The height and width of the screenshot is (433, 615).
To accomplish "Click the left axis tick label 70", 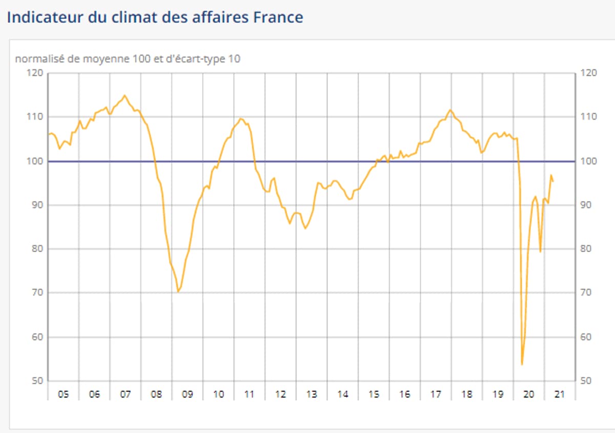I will pyautogui.click(x=37, y=293).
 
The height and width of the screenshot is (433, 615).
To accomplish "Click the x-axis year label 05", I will pyautogui.click(x=63, y=395).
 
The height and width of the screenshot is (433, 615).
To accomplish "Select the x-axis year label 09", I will pyautogui.click(x=188, y=395).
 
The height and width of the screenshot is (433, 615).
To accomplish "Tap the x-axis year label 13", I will pyautogui.click(x=312, y=395).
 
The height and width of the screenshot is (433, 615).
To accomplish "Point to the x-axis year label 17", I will pyautogui.click(x=436, y=395).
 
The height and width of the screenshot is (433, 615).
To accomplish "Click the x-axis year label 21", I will pyautogui.click(x=560, y=395).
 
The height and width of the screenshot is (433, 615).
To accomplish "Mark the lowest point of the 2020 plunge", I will pyautogui.click(x=522, y=364).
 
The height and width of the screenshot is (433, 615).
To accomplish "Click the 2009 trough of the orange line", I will pyautogui.click(x=178, y=292).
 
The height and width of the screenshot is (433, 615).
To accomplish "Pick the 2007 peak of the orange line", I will pyautogui.click(x=125, y=95).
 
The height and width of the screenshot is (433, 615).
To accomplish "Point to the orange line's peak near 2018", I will pyautogui.click(x=450, y=110).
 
